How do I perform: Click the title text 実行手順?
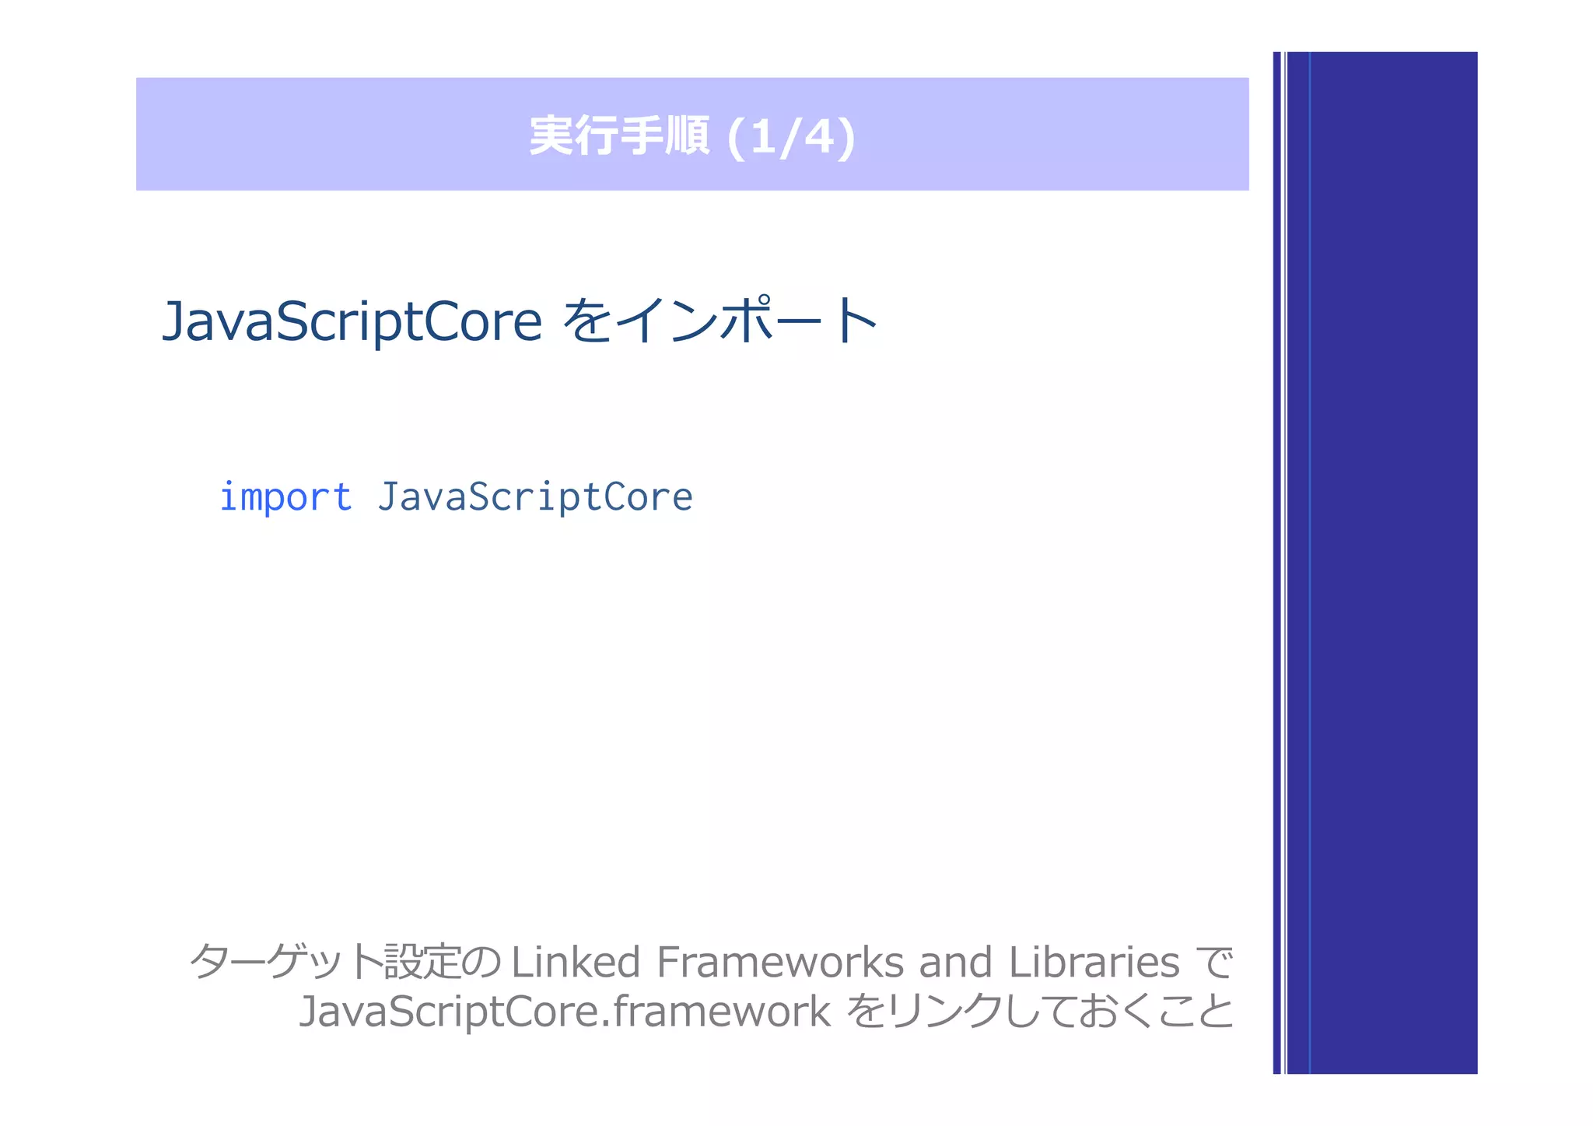coord(619,136)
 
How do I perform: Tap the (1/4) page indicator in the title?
coord(790,137)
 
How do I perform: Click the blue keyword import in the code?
coord(285,497)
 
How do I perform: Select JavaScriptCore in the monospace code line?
coord(535,497)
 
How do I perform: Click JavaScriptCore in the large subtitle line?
coord(352,321)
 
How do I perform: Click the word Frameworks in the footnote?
coord(780,962)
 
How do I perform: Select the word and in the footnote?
coord(955,962)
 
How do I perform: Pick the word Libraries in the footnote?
coord(1094,962)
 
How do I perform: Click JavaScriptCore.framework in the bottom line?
coord(565,1011)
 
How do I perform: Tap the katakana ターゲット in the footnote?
coord(285,962)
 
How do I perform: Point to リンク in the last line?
coord(944,1011)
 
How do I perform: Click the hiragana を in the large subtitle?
coord(587,321)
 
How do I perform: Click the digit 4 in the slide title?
coord(818,137)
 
